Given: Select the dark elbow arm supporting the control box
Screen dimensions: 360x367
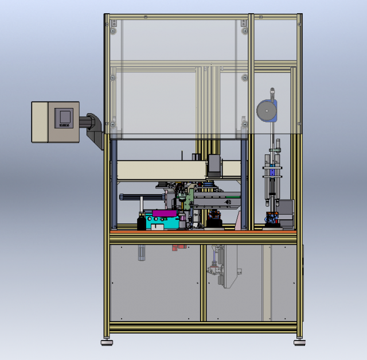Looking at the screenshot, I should (x=94, y=127).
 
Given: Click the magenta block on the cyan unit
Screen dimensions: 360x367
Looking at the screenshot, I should (x=165, y=214).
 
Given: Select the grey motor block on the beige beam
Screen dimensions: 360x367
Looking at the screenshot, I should (x=214, y=166).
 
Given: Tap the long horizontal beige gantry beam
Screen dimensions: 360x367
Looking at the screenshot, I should (x=161, y=170).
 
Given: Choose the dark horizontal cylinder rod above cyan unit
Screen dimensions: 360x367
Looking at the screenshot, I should (x=140, y=197).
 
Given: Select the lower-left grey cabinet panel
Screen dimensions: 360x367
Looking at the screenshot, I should (x=155, y=281).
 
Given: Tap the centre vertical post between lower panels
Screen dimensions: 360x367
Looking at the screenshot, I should (x=203, y=281).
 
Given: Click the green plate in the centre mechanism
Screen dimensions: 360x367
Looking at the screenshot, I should (x=188, y=202).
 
